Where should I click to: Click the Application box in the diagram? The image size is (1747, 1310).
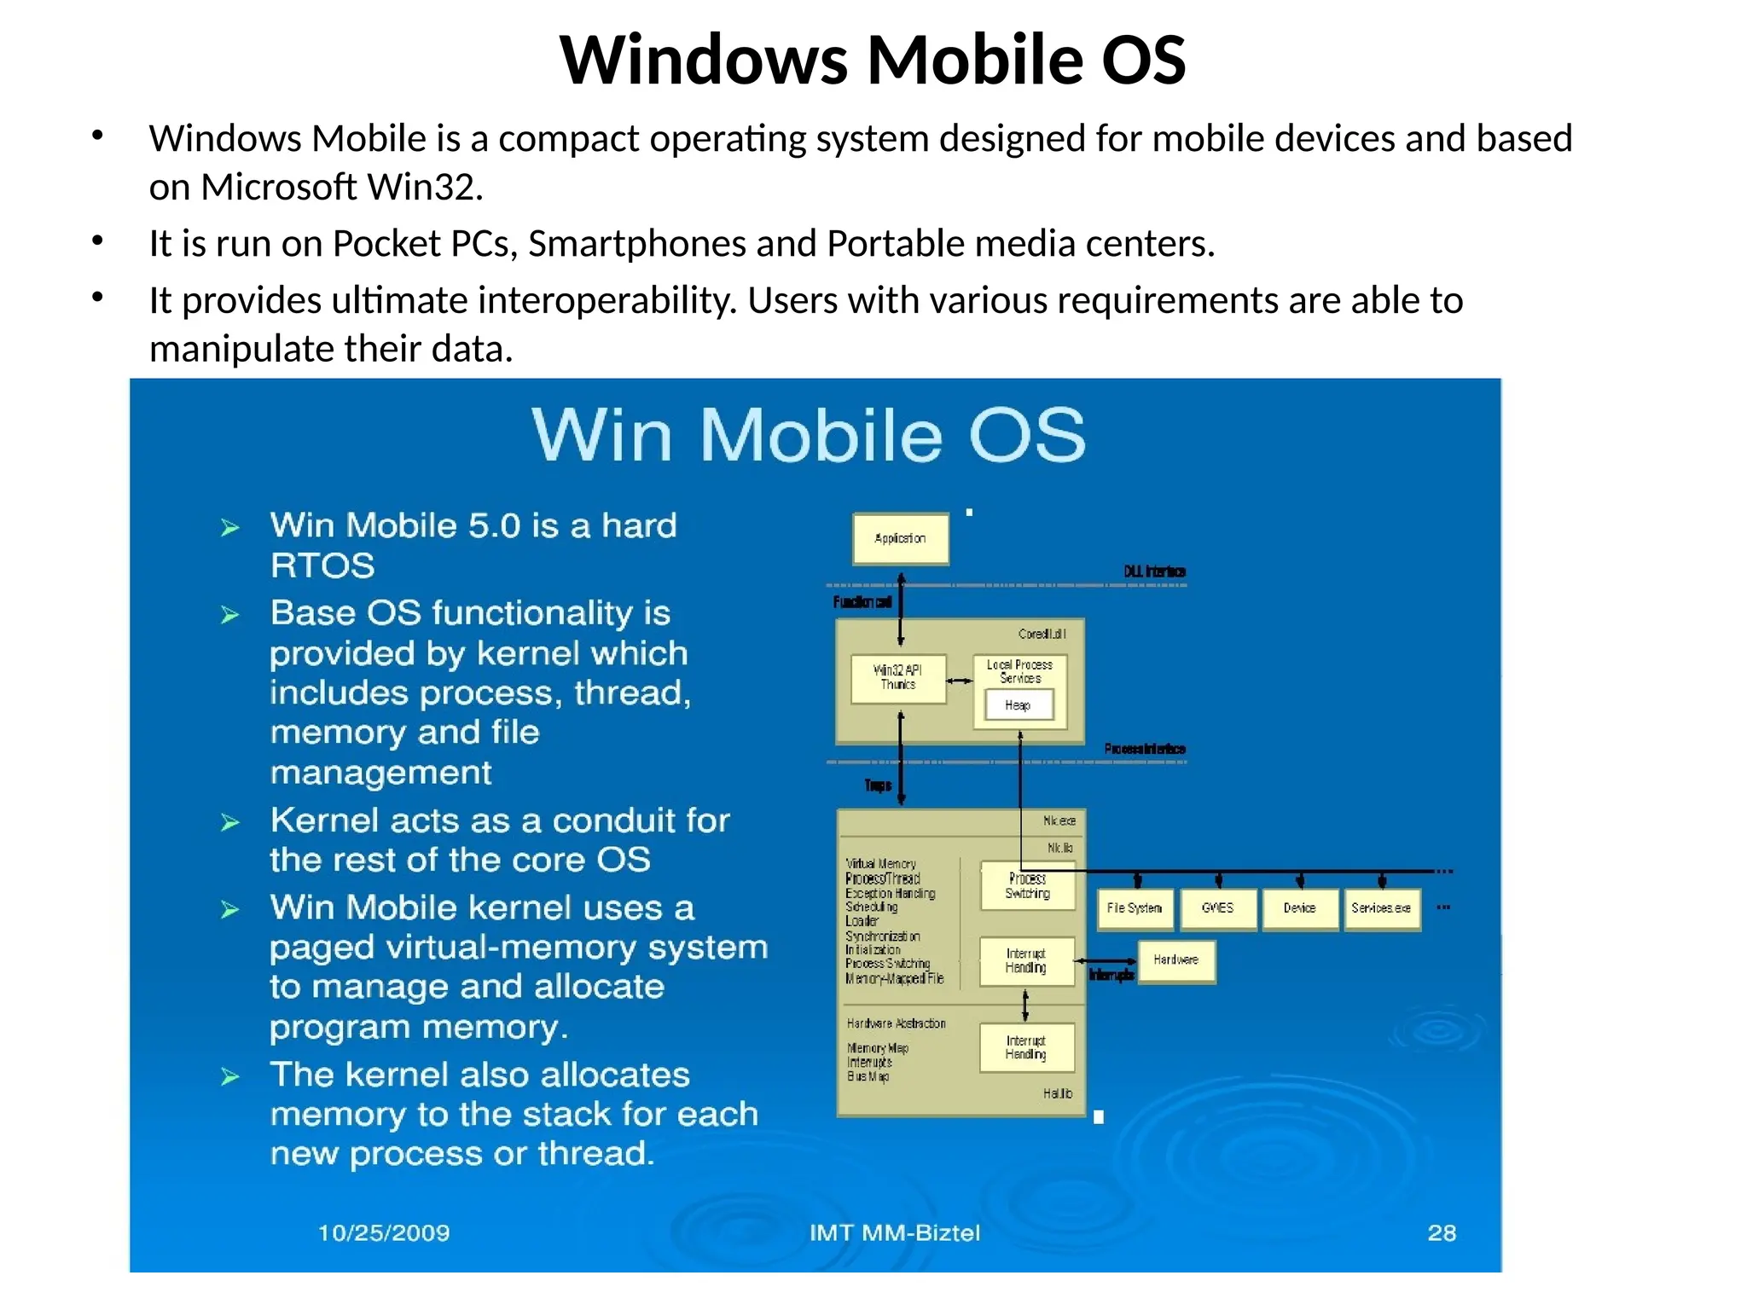click(900, 538)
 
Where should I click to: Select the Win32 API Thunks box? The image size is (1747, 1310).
click(898, 678)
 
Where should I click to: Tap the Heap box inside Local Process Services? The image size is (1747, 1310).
click(1019, 705)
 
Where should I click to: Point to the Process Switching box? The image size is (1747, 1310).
click(1027, 885)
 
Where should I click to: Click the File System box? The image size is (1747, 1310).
click(1135, 908)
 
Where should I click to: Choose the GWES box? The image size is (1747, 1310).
click(1217, 908)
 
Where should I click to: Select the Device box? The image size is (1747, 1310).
click(1299, 908)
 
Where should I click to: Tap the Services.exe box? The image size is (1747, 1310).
click(1381, 908)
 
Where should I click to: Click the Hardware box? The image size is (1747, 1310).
click(1176, 960)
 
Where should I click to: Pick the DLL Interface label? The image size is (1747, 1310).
click(1154, 571)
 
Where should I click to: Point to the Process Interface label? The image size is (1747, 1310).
click(1145, 749)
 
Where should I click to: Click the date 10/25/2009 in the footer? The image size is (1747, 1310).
click(384, 1232)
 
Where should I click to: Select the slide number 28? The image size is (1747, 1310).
click(1442, 1232)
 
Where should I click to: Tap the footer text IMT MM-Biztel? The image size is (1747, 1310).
click(895, 1232)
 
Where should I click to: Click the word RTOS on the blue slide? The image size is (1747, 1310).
click(322, 565)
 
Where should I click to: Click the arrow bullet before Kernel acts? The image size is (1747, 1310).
click(229, 823)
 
